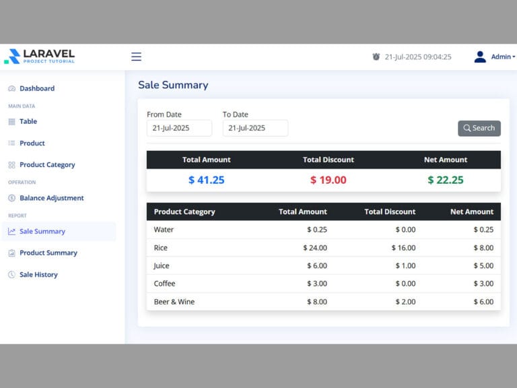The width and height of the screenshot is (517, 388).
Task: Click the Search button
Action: (x=479, y=128)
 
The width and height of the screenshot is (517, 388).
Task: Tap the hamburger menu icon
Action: (x=136, y=57)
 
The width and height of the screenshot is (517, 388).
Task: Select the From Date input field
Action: (x=179, y=128)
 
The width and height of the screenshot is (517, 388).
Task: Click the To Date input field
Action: (x=255, y=128)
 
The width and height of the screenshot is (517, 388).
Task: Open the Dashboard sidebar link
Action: (x=36, y=88)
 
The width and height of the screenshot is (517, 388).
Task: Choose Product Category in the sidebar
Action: (x=46, y=164)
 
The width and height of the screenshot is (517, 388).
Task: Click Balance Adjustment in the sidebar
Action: (x=51, y=198)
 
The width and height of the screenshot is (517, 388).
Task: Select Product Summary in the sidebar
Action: (x=48, y=253)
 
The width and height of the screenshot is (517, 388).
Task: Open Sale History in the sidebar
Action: (x=38, y=274)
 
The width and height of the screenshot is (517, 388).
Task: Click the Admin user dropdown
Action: (x=495, y=57)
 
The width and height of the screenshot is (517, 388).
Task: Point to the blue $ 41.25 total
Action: (x=207, y=180)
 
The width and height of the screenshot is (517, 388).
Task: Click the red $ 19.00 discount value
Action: (x=329, y=180)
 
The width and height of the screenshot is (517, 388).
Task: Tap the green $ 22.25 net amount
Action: (x=446, y=180)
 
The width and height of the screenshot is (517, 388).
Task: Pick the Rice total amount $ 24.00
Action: (x=315, y=248)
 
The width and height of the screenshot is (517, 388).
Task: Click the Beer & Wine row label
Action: (x=174, y=302)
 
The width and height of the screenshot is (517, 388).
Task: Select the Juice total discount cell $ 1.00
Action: (x=403, y=265)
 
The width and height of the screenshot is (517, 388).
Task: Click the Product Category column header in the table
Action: (x=184, y=212)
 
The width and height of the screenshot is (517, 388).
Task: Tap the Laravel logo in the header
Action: (x=40, y=57)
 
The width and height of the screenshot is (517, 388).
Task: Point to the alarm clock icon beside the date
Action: (x=376, y=57)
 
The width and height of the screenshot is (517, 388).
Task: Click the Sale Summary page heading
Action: (x=173, y=85)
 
